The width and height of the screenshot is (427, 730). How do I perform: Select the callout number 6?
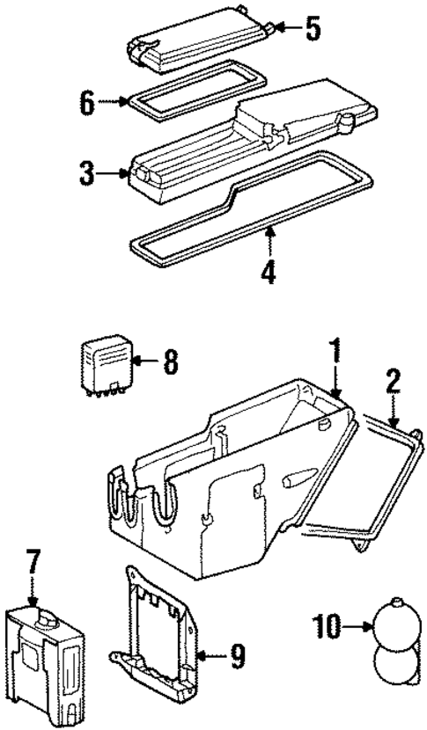coord(86,102)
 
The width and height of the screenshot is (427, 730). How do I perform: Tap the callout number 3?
coord(86,172)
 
